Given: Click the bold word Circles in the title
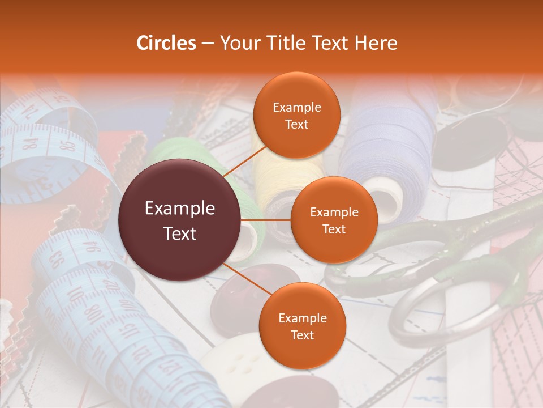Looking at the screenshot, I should [x=166, y=43].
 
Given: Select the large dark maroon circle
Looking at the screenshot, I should [x=179, y=220].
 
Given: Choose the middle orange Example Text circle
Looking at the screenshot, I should [x=334, y=220].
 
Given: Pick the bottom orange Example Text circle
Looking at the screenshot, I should [x=302, y=326].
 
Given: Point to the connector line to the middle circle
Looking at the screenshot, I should [x=266, y=220].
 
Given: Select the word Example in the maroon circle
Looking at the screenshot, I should [x=179, y=209].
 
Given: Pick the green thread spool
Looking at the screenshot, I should [x=170, y=153].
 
